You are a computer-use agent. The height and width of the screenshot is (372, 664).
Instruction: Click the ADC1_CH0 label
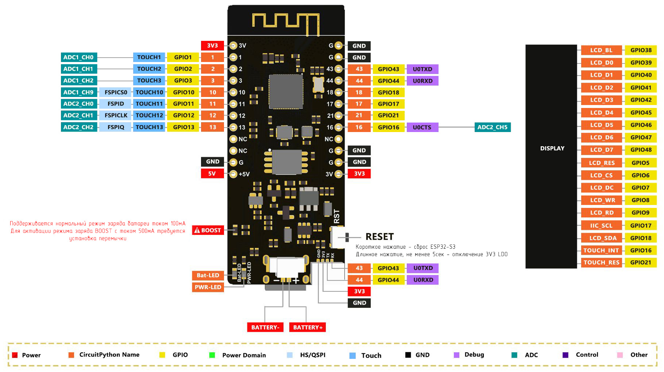point(78,57)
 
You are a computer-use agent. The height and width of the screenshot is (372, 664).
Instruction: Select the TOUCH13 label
point(149,127)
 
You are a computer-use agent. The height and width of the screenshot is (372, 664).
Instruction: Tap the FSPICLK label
point(116,116)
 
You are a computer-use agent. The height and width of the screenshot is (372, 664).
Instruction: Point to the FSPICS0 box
point(116,92)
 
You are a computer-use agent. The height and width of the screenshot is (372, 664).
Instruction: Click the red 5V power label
point(212,174)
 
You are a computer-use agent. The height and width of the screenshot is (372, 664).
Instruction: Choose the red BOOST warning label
point(208,230)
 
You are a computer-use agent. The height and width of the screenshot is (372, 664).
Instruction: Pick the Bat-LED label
point(208,275)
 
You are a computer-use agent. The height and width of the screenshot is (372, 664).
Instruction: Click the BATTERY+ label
point(308,328)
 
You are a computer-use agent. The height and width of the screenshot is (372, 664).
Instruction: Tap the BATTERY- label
point(265,328)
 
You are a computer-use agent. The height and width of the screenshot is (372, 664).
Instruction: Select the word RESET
point(379,237)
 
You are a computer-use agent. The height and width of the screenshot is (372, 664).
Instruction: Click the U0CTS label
point(422,127)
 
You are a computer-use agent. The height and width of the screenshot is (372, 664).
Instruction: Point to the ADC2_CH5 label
point(492,127)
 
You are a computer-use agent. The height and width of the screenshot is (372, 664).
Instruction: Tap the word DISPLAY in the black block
point(552,148)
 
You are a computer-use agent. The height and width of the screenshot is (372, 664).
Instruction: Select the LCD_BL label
point(601,50)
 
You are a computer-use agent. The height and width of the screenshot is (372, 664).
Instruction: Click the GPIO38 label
point(641,50)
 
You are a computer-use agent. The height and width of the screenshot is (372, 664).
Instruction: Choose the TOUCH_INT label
point(601,251)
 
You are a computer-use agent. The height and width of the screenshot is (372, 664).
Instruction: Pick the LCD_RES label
point(601,163)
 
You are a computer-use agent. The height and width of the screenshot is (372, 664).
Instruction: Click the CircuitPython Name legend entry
point(109,355)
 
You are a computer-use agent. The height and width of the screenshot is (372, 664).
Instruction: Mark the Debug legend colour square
point(456,355)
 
